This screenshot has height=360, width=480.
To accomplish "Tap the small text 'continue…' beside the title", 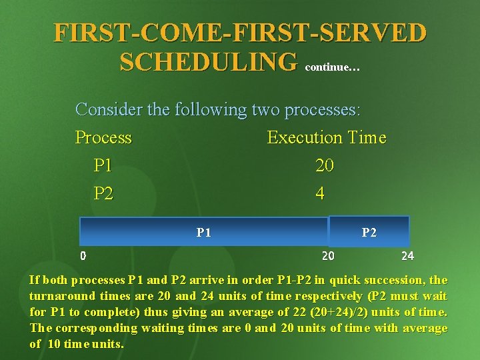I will [x=332, y=67].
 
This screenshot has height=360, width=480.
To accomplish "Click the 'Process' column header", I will [x=103, y=137].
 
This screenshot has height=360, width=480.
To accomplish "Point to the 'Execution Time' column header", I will [x=326, y=137].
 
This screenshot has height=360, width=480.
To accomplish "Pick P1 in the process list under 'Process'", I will [x=103, y=165].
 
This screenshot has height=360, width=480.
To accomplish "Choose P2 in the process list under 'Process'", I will [x=103, y=193].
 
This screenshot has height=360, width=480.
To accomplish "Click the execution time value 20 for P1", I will [x=325, y=165].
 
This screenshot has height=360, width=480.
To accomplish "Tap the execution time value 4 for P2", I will [x=321, y=193].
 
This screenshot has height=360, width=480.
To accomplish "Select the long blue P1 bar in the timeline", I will [x=203, y=232].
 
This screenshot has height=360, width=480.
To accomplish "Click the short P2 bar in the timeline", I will [x=369, y=232].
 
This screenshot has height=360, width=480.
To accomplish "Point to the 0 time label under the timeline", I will [x=83, y=255].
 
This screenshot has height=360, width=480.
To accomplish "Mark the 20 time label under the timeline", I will [x=328, y=255].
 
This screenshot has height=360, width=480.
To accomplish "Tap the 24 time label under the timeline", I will [x=407, y=255].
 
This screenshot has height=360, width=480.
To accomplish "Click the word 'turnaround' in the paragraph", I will [x=63, y=296].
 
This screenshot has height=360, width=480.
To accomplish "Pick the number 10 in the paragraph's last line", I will [x=55, y=344].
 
